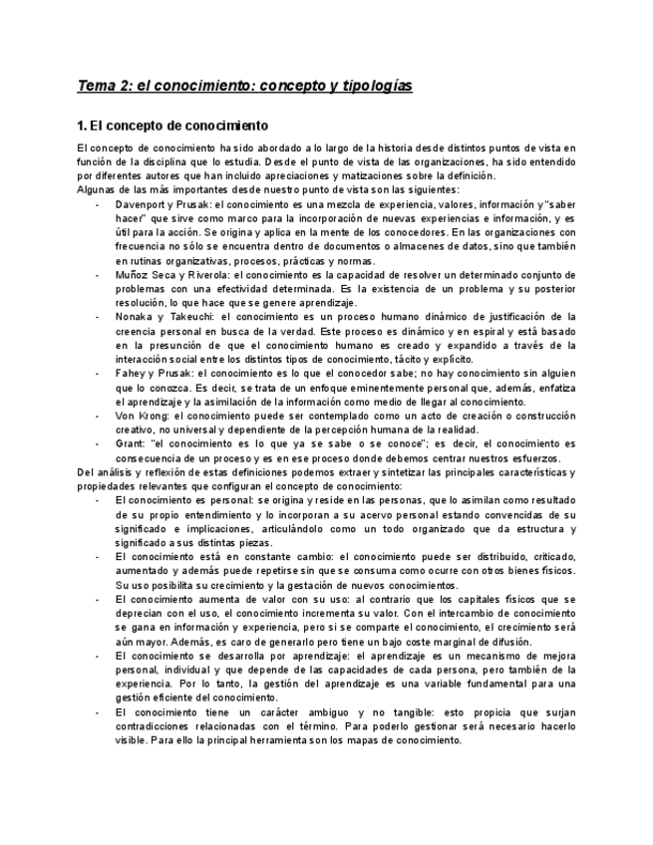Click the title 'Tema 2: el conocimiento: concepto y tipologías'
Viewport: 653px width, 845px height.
point(244,86)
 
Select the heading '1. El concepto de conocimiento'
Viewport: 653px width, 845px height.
point(172,127)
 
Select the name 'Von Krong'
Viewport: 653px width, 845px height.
point(141,416)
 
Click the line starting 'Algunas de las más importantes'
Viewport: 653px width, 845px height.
point(267,189)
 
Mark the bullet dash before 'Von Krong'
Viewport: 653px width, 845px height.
point(97,416)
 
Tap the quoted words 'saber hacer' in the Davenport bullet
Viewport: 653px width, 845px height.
point(560,203)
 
